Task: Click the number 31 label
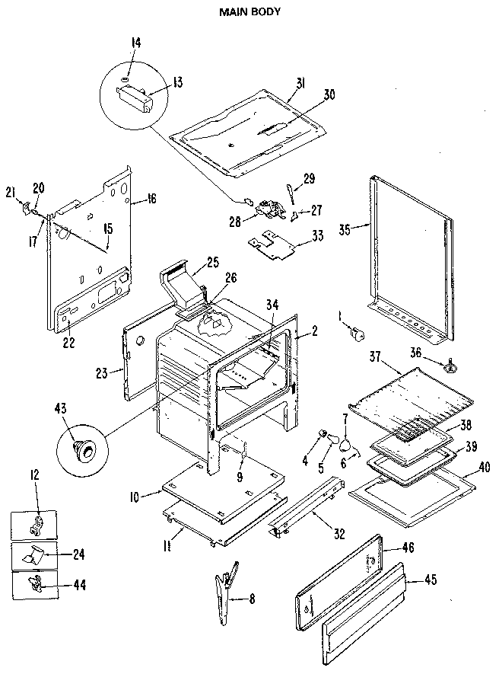point(300,84)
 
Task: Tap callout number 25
point(212,263)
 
